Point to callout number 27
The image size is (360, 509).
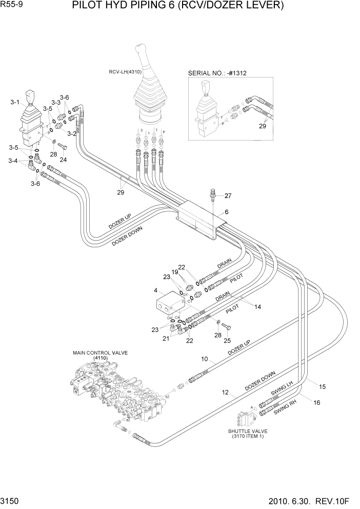coord(228,195)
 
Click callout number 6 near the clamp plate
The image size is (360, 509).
coord(226,212)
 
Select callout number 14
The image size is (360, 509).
coord(258,307)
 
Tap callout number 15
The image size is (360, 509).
coord(323,386)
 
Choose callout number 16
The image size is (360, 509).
coord(316,403)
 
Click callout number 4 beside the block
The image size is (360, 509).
coord(155,291)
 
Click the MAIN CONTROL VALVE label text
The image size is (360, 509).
coord(99,353)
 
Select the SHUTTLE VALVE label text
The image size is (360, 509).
coord(248,431)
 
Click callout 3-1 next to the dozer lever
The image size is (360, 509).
coord(15,103)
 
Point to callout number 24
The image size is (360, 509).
coord(63,160)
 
